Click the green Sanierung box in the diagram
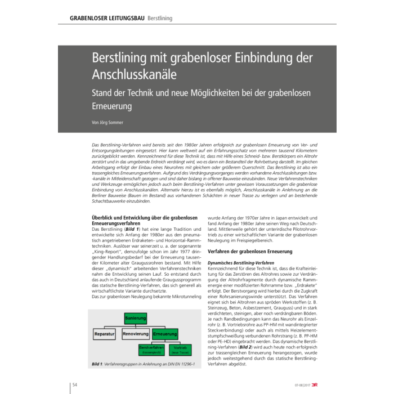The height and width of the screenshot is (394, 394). click(x=135, y=319)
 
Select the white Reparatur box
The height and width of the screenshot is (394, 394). click(x=105, y=334)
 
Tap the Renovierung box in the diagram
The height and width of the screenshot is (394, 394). click(x=135, y=334)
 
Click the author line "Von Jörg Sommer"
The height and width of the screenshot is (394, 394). click(x=107, y=123)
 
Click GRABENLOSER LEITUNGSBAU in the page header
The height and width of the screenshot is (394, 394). click(x=107, y=19)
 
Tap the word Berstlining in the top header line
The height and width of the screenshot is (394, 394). click(x=160, y=19)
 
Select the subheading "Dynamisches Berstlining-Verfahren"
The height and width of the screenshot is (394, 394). click(x=241, y=263)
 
